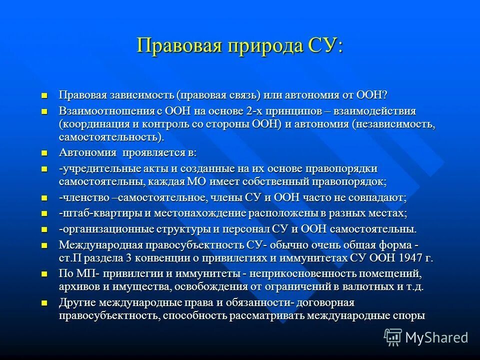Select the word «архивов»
[81, 286]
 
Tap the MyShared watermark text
[436, 337]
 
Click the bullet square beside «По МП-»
[45, 274]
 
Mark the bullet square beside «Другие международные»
[45, 303]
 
